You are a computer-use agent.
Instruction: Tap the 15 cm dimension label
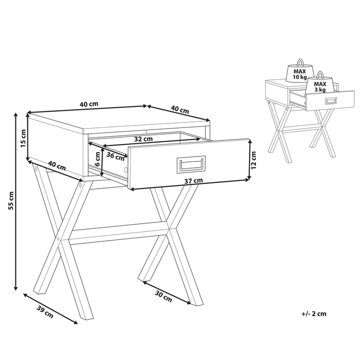[x=22, y=137]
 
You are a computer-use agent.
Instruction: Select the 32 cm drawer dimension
[x=143, y=139]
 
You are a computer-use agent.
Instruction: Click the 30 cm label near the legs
[x=164, y=297]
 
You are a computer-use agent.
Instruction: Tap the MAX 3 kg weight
[x=320, y=86]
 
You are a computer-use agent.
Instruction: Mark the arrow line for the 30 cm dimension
[x=167, y=292]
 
